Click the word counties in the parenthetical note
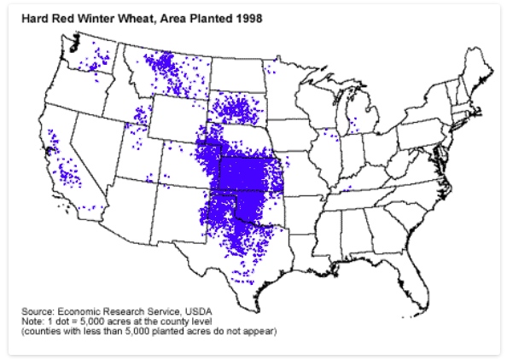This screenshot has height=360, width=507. [x=43, y=330]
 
